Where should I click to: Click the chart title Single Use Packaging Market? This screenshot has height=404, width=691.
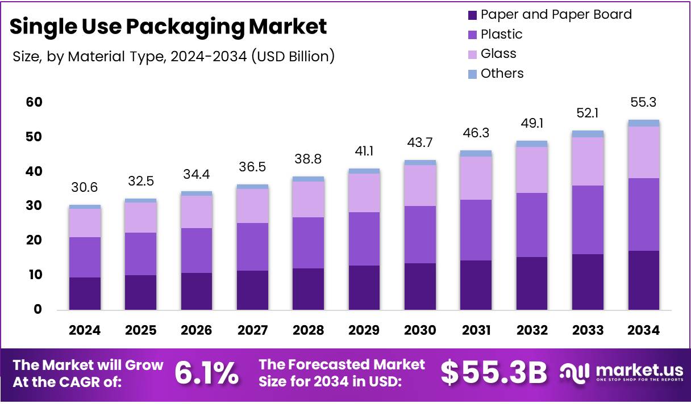coord(168,26)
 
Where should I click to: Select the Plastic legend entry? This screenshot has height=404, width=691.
coord(501,34)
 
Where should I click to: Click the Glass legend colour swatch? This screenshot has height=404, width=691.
coord(472,54)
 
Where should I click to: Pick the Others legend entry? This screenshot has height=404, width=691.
coord(502,73)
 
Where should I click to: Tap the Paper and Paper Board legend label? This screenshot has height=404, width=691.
coord(556,14)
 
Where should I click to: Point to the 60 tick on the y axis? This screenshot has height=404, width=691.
coord(34,102)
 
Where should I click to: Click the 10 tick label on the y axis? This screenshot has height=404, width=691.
coord(34,275)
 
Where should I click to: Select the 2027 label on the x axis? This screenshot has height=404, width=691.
coord(253,330)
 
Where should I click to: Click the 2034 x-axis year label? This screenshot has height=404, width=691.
coord(644,330)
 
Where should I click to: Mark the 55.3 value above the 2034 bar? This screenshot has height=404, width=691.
coord(644,103)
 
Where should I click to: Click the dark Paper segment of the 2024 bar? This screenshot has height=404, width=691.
coord(85,293)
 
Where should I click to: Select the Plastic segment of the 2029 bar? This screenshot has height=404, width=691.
coord(364,239)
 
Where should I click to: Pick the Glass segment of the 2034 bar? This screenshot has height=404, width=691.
coord(644,152)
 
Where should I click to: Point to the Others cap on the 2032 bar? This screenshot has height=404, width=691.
coord(532,144)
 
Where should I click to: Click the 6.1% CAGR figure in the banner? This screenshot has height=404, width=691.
coord(206,373)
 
